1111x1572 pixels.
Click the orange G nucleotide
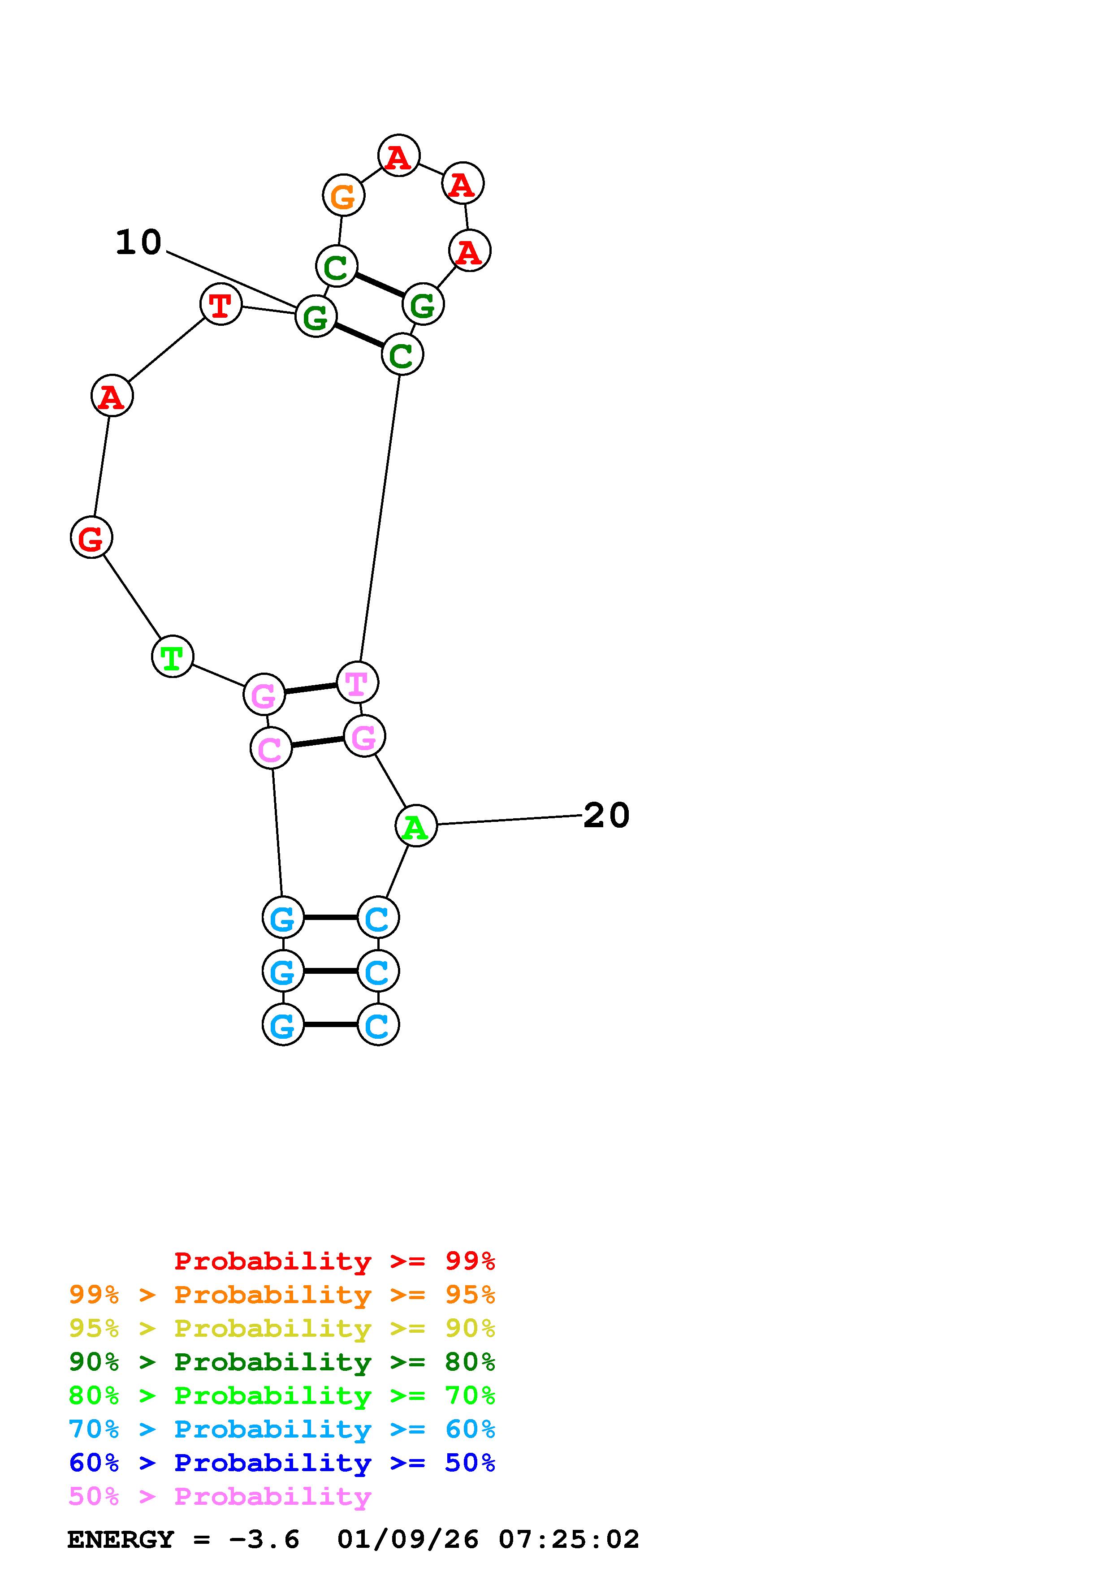click(x=343, y=196)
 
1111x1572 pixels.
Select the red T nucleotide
click(x=220, y=305)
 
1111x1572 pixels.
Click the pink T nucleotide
click(x=357, y=682)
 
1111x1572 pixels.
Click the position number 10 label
click(x=138, y=242)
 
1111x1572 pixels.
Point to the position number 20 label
click(x=606, y=816)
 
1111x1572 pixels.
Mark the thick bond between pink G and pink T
click(x=311, y=689)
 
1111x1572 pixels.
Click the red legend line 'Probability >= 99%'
click(x=335, y=1261)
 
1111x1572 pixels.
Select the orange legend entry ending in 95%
click(x=282, y=1295)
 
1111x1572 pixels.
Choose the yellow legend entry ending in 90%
click(x=282, y=1328)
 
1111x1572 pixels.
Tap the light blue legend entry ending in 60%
click(x=282, y=1429)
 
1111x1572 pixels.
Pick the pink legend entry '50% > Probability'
click(x=220, y=1497)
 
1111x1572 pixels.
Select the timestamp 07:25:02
click(x=569, y=1540)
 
